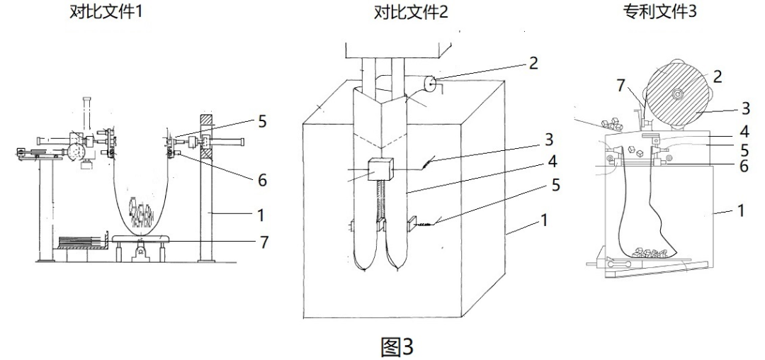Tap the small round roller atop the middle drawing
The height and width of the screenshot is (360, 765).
(429, 84)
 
